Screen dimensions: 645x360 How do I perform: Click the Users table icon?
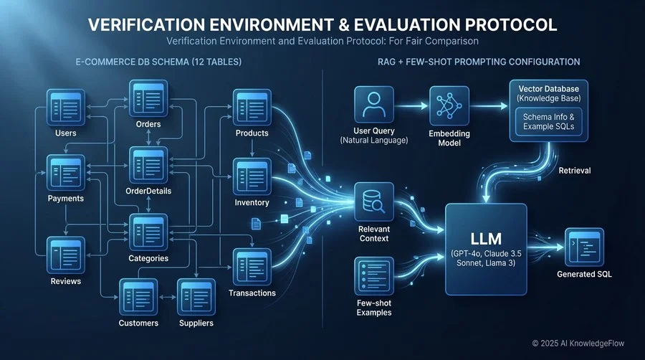[66, 108]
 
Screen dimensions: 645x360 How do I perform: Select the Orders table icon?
[148, 98]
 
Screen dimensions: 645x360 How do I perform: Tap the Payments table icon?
[66, 173]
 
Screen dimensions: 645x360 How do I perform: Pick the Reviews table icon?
[66, 255]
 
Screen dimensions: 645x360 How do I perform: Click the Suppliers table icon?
[196, 297]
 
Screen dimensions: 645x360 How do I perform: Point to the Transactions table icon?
[252, 267]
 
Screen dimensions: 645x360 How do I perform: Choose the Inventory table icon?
[252, 176]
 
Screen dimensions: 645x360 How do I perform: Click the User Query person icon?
[374, 105]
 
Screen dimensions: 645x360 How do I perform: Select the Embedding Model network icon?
[449, 105]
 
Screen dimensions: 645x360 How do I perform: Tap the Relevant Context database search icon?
[374, 202]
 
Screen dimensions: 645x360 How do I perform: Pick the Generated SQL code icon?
[584, 247]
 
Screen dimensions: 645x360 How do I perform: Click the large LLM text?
[486, 239]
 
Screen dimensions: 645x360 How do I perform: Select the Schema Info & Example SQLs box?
[549, 122]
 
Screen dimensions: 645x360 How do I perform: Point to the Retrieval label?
[574, 171]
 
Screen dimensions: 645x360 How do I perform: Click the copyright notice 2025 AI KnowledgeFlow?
[578, 343]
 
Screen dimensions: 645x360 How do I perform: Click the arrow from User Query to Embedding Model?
[411, 105]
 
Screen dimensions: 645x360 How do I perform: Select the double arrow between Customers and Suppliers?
[168, 297]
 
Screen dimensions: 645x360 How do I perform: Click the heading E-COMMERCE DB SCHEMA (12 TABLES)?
[158, 62]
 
